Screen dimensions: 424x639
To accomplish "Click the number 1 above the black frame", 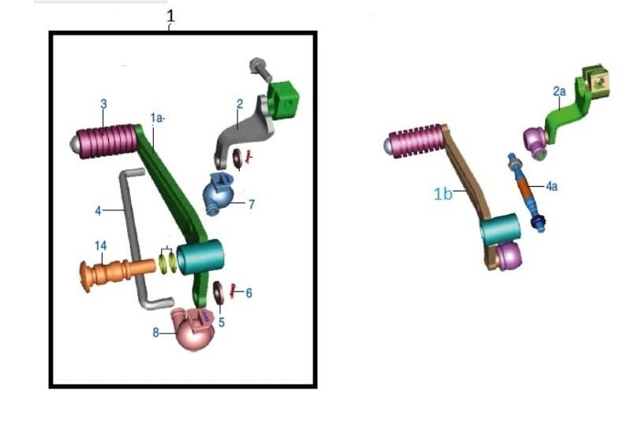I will pyautogui.click(x=170, y=17).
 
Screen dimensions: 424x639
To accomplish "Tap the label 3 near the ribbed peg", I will pyautogui.click(x=103, y=104).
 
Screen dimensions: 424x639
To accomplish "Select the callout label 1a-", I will pyautogui.click(x=158, y=117).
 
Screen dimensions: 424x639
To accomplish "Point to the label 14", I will pyautogui.click(x=100, y=246).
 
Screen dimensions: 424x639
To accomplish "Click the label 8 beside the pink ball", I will pyautogui.click(x=156, y=333).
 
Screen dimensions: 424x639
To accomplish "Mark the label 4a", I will pyautogui.click(x=552, y=187).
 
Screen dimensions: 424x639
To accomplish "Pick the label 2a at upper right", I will pyautogui.click(x=559, y=92).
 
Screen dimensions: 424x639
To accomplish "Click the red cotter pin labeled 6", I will pyautogui.click(x=234, y=292).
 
